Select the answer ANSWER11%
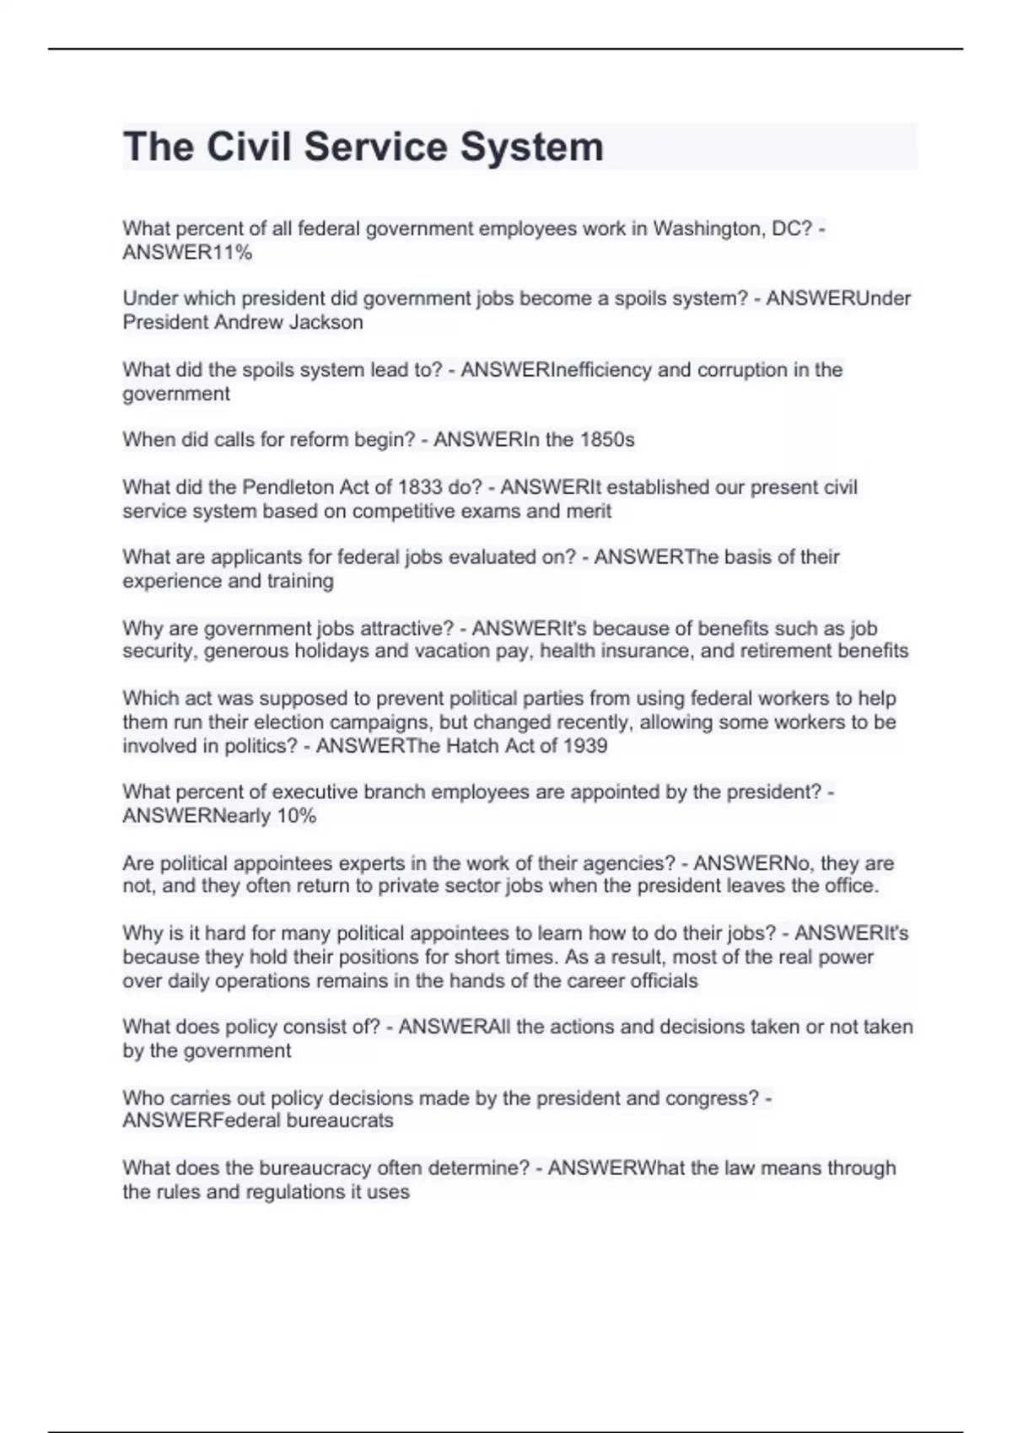tap(187, 253)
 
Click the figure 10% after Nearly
tap(296, 816)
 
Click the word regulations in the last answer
tap(295, 1192)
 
